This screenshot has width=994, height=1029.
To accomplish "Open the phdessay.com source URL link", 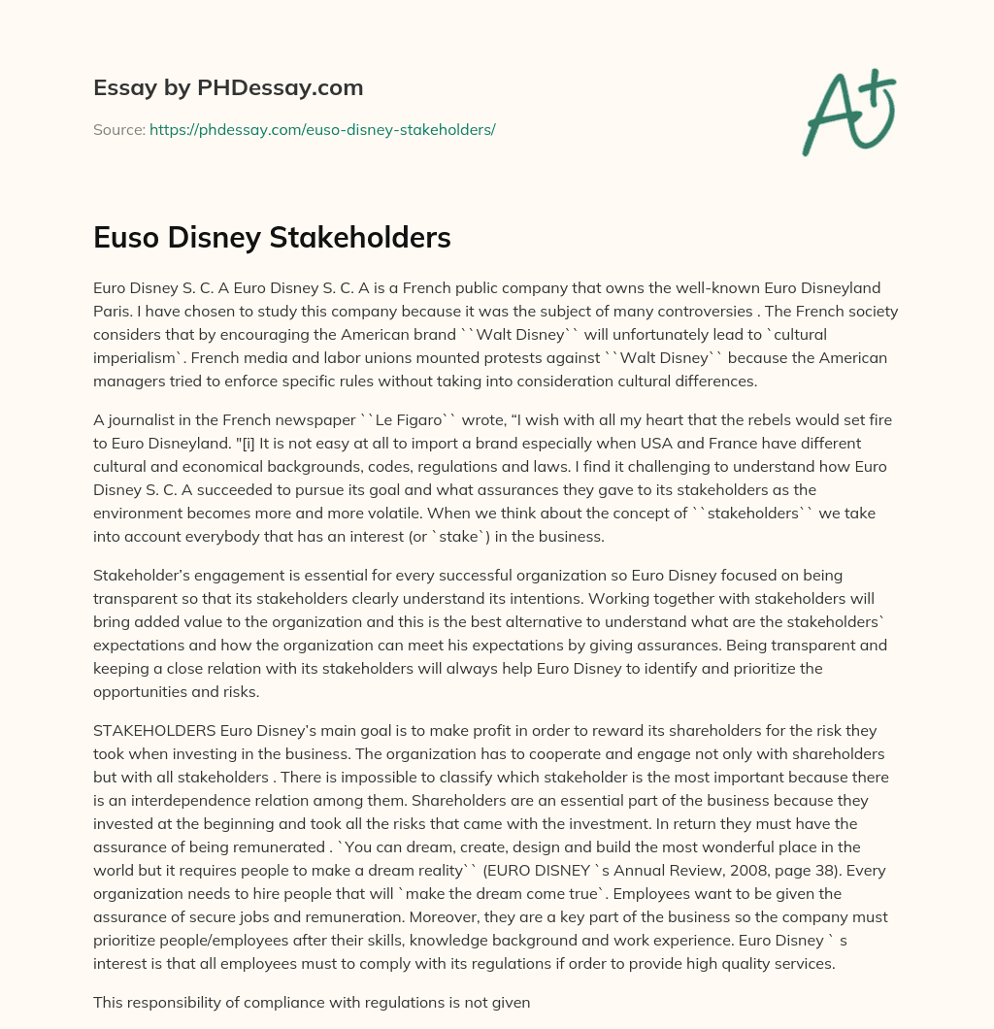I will coord(322,129).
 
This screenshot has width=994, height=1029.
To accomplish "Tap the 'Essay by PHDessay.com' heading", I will coord(228,88).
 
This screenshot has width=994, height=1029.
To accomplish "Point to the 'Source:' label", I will coord(118,129).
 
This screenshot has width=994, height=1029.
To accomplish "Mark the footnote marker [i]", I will coord(276,444).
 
